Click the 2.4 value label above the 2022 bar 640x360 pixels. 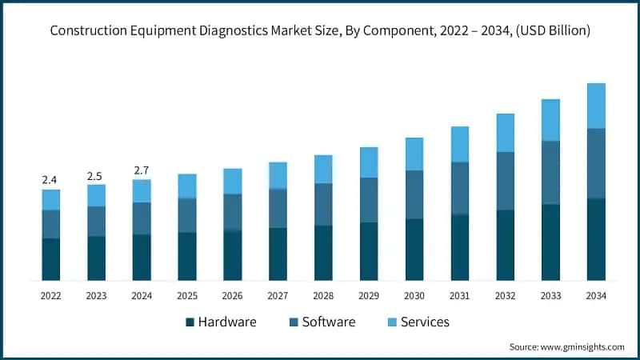point(50,180)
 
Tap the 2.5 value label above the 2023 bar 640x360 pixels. point(96,175)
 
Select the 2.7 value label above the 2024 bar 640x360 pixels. point(142,170)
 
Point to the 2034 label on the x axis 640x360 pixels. point(596,295)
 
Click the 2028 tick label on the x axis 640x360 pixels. point(323,295)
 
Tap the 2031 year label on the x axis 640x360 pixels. point(459,295)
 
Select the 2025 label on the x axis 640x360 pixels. point(187,295)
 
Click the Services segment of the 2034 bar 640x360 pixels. point(596,106)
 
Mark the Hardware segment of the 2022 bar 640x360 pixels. point(50,259)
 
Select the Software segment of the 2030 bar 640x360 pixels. point(414,194)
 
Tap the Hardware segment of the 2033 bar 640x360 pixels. point(550,242)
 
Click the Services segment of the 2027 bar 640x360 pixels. point(278,175)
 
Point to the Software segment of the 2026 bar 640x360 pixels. point(232,212)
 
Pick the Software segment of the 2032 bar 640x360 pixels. point(505,181)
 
